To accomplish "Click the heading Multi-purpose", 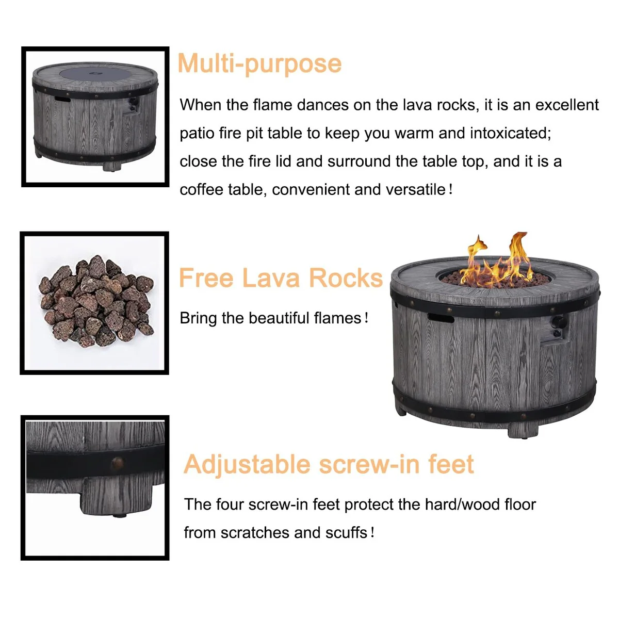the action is pos(259,63).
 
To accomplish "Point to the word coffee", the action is pos(201,189).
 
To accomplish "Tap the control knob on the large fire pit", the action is pos(559,322).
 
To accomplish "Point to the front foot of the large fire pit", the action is pos(523,429).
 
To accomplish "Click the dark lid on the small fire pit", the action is pos(95,74).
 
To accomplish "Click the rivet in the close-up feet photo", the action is pos(117,463).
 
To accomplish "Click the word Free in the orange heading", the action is pos(206,278).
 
